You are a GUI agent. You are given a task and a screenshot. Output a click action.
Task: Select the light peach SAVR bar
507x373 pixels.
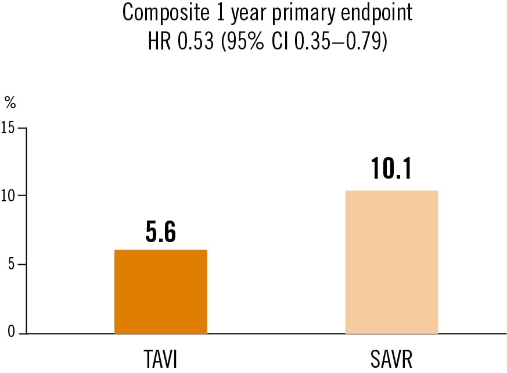(391, 262)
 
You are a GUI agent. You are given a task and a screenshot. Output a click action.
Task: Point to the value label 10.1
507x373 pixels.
(391, 169)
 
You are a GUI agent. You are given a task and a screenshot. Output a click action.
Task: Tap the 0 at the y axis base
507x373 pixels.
(11, 333)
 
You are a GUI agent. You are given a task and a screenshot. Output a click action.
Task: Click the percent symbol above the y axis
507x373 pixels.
(10, 103)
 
